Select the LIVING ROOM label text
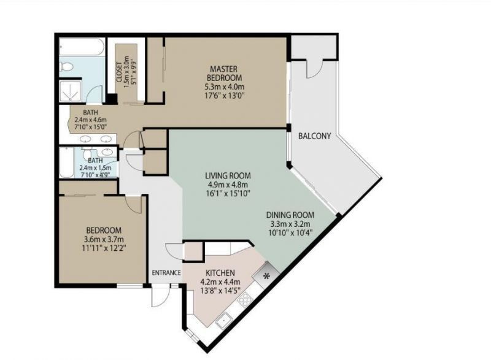coord(228,175)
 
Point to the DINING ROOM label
coord(290,215)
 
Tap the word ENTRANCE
coord(166,273)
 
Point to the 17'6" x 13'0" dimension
coord(223,97)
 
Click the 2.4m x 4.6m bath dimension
coord(90,120)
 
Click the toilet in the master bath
coord(66,66)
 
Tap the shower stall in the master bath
coord(71,91)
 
